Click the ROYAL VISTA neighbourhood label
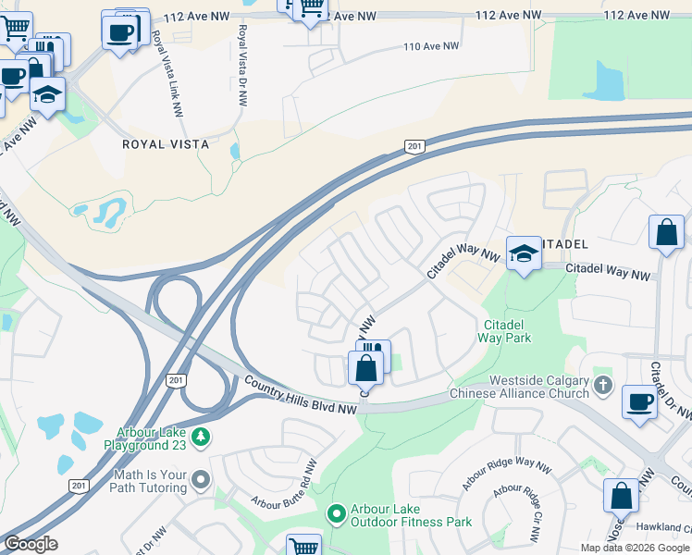[x=166, y=145]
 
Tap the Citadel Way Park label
[x=504, y=331]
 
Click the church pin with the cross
[x=602, y=384]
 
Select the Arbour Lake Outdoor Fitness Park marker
[x=337, y=512]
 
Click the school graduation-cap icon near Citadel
[x=524, y=254]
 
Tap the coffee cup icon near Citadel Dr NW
[x=639, y=402]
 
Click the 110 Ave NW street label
[x=431, y=46]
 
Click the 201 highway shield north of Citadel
[x=414, y=146]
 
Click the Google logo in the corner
[x=31, y=543]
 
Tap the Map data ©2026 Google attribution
[x=635, y=548]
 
